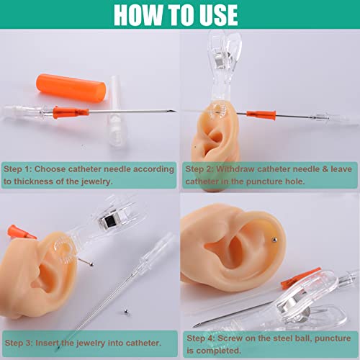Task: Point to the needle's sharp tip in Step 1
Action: pos(171,110)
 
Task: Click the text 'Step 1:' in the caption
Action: pos(20,168)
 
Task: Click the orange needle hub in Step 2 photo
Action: pos(261,114)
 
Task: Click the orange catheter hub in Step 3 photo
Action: pos(22,232)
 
